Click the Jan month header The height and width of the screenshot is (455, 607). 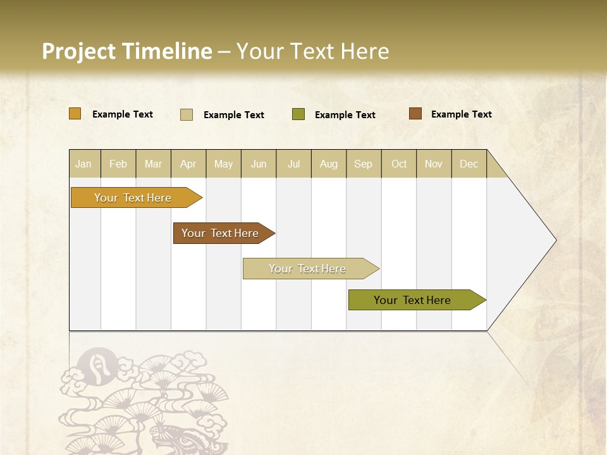pyautogui.click(x=83, y=164)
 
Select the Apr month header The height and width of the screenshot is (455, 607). pyautogui.click(x=188, y=164)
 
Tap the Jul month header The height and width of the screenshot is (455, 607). pyautogui.click(x=293, y=164)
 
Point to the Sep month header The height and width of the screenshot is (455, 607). pyautogui.click(x=363, y=164)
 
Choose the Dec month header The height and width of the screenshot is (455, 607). pyautogui.click(x=469, y=164)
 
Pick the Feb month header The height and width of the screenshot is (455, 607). pyautogui.click(x=118, y=164)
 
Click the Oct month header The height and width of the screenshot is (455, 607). pyautogui.click(x=399, y=164)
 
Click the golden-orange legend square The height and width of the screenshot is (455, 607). pyautogui.click(x=75, y=114)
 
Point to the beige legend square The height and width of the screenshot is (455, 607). pyautogui.click(x=187, y=114)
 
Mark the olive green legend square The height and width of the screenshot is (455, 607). pyautogui.click(x=298, y=114)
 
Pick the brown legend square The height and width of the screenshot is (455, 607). pyautogui.click(x=415, y=114)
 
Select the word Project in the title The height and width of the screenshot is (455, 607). pyautogui.click(x=78, y=51)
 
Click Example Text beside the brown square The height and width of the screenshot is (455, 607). pyautogui.click(x=461, y=114)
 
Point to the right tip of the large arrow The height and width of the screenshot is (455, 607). pyautogui.click(x=555, y=240)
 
